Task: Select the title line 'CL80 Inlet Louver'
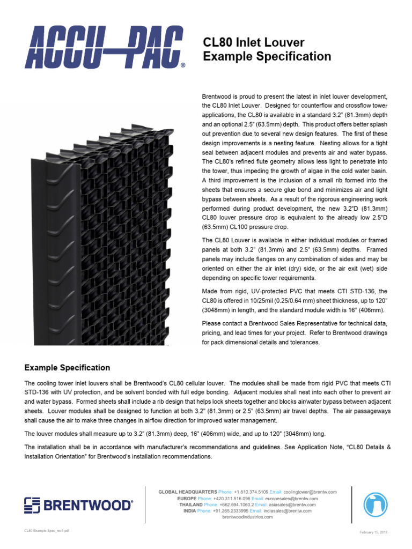click(x=254, y=42)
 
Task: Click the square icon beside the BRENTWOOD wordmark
click(x=32, y=505)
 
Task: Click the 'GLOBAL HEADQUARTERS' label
click(x=187, y=492)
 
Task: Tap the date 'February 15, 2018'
click(x=373, y=531)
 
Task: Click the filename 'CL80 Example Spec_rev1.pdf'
click(x=46, y=530)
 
